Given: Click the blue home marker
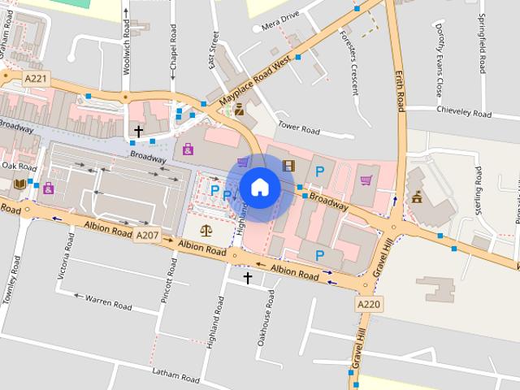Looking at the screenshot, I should [259, 187].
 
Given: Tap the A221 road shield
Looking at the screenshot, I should [36, 78].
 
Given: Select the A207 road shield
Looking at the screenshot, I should [147, 236].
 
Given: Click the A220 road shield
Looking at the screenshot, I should [368, 304].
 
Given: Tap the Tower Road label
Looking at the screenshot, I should [299, 128].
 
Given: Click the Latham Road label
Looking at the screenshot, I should [175, 375].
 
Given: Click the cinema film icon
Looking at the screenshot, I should [288, 166].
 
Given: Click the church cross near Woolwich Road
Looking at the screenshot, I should [139, 130].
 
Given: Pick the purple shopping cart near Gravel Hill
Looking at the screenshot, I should [366, 180].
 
